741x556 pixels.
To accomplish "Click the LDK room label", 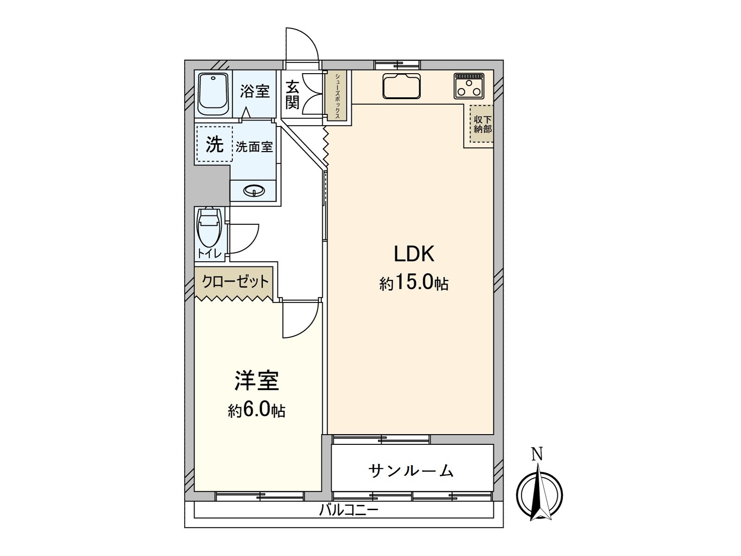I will (x=414, y=254).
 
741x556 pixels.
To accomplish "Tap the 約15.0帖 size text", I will (x=414, y=282).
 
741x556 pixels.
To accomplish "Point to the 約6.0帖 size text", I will (x=256, y=410).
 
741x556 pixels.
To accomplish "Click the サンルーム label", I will (x=411, y=471).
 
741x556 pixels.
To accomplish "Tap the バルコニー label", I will (x=349, y=511).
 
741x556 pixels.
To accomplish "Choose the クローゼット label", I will (x=235, y=281).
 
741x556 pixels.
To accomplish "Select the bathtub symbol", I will (x=214, y=94).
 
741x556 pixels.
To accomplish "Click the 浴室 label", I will (x=254, y=91).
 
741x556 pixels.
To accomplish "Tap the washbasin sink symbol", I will (x=254, y=190).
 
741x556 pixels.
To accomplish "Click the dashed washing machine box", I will (x=214, y=144).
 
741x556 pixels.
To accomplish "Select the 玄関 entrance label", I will (x=292, y=95).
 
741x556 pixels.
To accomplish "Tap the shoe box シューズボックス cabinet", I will (x=338, y=95).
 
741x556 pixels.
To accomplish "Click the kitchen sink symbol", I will (x=402, y=86).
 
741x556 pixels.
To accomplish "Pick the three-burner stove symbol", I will (x=469, y=85).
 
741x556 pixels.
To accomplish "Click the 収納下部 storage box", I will (x=482, y=124).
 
